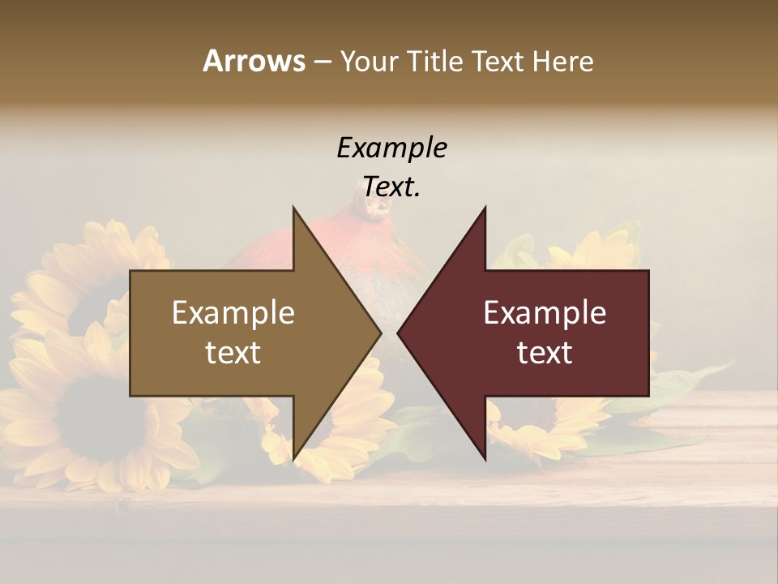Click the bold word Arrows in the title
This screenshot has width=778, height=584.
pyautogui.click(x=254, y=61)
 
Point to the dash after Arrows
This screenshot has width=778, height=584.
pyautogui.click(x=322, y=62)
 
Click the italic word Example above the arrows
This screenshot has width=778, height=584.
pyautogui.click(x=391, y=148)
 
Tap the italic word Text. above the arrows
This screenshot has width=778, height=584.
pyautogui.click(x=391, y=187)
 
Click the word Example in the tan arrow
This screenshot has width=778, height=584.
pyautogui.click(x=233, y=313)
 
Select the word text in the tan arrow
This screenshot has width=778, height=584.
pyautogui.click(x=233, y=353)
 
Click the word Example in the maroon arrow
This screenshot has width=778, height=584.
pyautogui.click(x=545, y=313)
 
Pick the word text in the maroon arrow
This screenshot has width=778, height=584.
pyautogui.click(x=545, y=353)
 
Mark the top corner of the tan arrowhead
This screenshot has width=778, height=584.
pyautogui.click(x=293, y=208)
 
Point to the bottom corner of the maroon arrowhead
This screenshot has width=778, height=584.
pyautogui.click(x=485, y=458)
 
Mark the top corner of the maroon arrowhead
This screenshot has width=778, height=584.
pyautogui.click(x=485, y=208)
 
